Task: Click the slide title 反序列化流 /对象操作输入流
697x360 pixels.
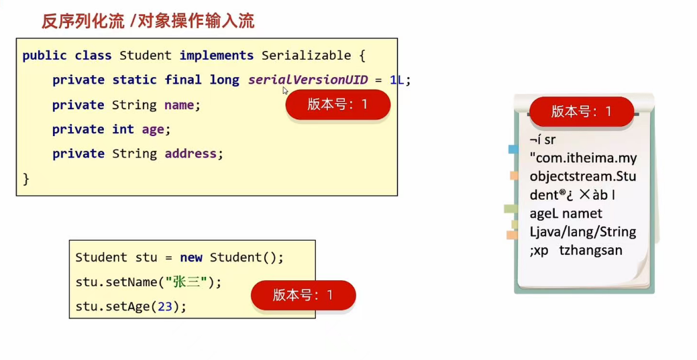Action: click(x=148, y=21)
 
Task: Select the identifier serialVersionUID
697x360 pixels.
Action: click(x=308, y=80)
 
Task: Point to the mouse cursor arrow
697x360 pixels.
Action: click(x=285, y=91)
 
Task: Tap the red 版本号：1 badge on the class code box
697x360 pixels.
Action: click(x=337, y=105)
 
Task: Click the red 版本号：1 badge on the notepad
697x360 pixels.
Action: click(x=581, y=111)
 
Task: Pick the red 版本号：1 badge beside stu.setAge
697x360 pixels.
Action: click(x=303, y=295)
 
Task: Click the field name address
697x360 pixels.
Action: click(x=191, y=154)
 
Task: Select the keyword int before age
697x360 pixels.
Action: click(x=123, y=129)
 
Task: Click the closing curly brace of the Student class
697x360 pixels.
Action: click(x=26, y=178)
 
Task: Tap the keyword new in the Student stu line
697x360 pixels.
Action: click(x=191, y=257)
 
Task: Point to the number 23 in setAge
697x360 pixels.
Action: click(x=165, y=306)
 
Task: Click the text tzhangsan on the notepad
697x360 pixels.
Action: click(x=590, y=251)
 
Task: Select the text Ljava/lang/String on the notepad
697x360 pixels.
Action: click(x=582, y=232)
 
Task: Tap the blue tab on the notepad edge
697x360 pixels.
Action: click(x=513, y=149)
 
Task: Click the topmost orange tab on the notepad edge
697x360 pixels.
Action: click(x=514, y=176)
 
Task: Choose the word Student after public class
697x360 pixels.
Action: click(x=145, y=56)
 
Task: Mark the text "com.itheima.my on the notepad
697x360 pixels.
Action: click(x=582, y=158)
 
